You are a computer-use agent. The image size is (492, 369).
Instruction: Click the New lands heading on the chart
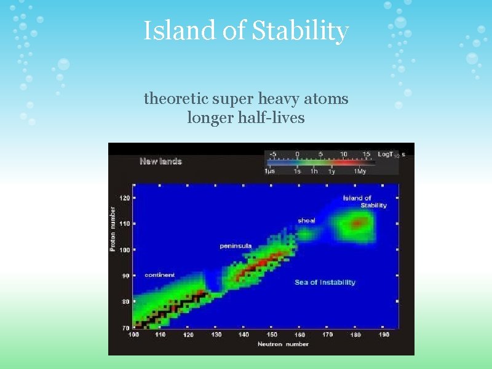coord(161,162)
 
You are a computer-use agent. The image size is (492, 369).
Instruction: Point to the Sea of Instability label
coord(325,282)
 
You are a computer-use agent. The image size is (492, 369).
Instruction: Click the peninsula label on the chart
coord(236,246)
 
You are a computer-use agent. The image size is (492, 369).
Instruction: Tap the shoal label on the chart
coord(306,220)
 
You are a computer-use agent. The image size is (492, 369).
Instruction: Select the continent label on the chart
coord(159,275)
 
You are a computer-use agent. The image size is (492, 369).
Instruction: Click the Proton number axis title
coord(113,228)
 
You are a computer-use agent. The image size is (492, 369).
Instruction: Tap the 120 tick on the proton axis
coord(125,198)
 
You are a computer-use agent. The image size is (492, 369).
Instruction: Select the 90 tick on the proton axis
coord(125,276)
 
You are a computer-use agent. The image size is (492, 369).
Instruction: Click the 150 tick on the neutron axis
coord(271,335)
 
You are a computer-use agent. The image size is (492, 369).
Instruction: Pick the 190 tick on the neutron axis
coord(384,335)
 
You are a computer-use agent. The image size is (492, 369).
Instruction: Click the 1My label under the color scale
coord(360,172)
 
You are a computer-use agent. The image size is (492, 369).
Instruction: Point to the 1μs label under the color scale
coord(270,172)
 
